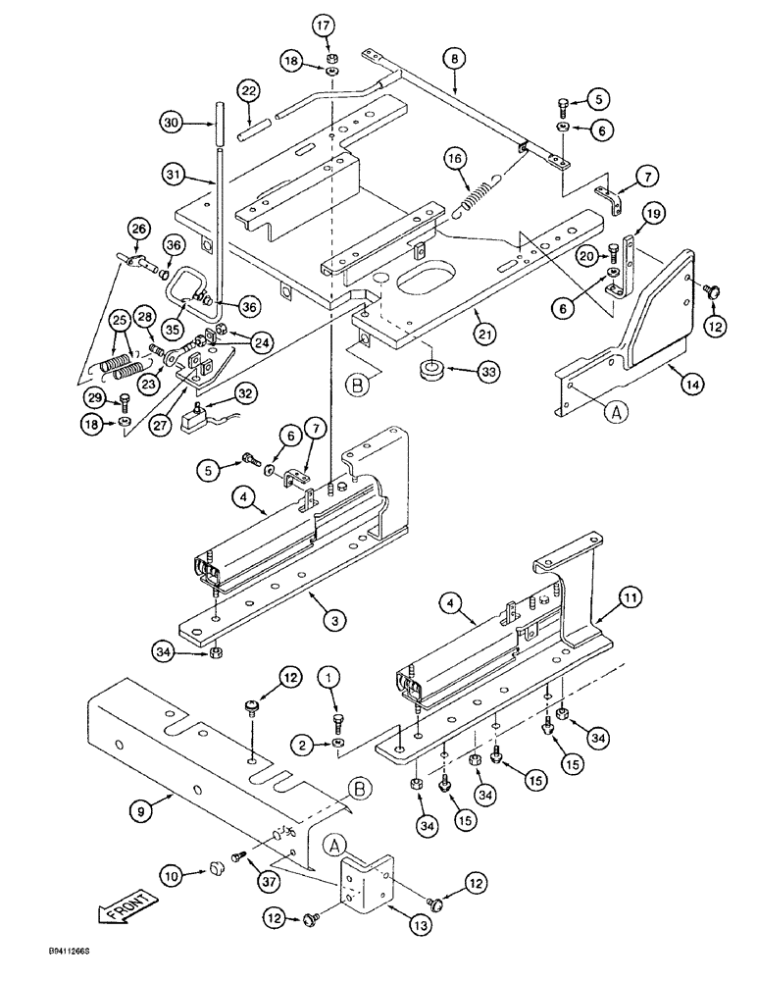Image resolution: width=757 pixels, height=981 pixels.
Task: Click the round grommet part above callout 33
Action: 428,371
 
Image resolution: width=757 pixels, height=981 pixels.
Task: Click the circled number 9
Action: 138,811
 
